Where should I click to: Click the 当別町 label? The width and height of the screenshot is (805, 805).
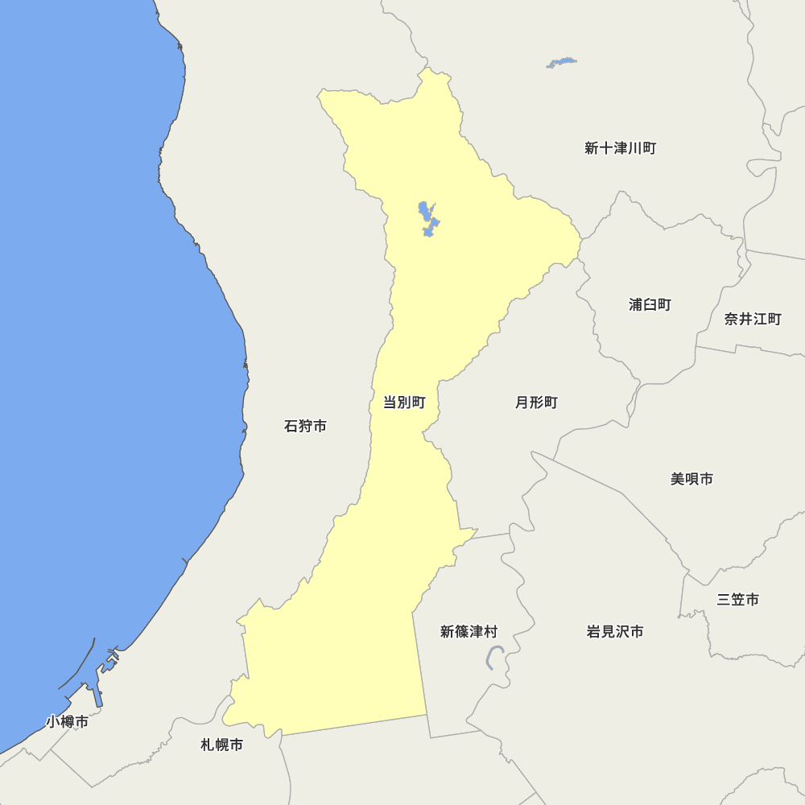tap(403, 402)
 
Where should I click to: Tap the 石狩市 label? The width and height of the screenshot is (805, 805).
tap(305, 426)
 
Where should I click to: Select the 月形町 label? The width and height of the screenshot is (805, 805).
tap(536, 402)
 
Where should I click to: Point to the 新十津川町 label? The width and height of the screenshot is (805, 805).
tap(620, 148)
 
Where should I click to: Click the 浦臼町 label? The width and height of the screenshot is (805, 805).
tap(650, 304)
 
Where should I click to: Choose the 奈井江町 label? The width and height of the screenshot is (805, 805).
tap(753, 319)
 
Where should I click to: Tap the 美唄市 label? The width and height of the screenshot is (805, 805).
tap(691, 479)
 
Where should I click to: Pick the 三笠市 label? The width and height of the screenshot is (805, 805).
tap(737, 600)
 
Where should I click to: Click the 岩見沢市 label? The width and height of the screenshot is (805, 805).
tap(615, 632)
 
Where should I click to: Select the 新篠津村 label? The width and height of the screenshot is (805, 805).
tap(469, 632)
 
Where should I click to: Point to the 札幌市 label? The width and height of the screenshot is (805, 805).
tap(221, 745)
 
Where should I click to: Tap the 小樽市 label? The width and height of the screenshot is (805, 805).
tap(67, 721)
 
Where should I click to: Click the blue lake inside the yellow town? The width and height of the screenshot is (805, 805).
tap(427, 218)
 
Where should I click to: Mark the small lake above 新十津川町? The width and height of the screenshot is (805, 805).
tap(562, 62)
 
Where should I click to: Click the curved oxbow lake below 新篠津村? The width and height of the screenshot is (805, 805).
tap(494, 657)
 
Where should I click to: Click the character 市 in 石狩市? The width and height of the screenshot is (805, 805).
tap(320, 426)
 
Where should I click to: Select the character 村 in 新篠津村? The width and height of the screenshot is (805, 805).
tap(490, 632)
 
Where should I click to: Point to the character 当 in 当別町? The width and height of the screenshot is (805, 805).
tap(390, 402)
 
